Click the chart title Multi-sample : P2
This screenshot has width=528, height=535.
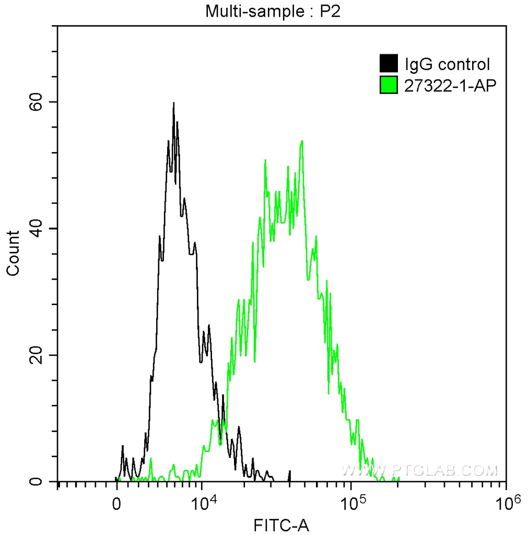click(x=273, y=11)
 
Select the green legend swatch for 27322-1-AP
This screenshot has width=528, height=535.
click(x=388, y=85)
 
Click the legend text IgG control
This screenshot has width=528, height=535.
click(x=447, y=64)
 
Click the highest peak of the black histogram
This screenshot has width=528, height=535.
click(x=173, y=103)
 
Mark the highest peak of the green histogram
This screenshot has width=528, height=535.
click(x=302, y=141)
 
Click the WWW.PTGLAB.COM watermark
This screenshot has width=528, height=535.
click(x=419, y=470)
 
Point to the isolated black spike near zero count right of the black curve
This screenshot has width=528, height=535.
click(x=289, y=475)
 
